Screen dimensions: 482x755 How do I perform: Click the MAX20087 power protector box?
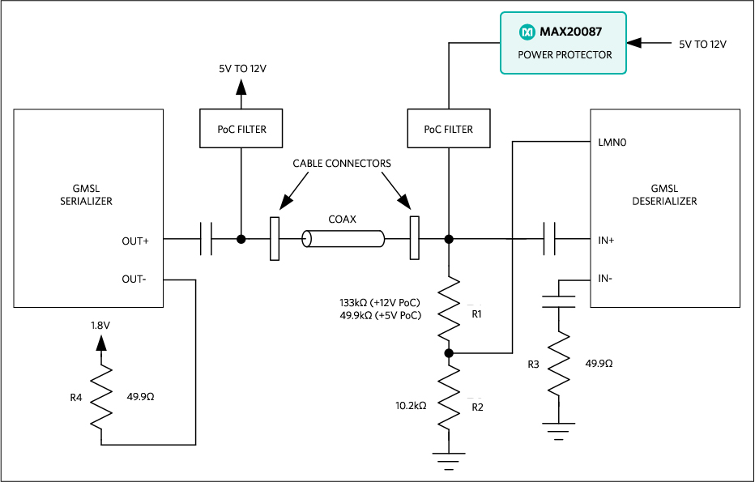563,43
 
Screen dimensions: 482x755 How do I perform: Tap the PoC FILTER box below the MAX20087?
448,129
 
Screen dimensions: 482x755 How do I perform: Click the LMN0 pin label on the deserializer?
610,143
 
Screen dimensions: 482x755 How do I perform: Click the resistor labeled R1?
448,309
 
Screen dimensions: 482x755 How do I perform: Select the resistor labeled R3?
558,365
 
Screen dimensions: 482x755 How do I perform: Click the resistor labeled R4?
101,397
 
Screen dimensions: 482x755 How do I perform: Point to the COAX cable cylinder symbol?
343,240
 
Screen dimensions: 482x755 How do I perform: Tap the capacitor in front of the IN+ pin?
548,240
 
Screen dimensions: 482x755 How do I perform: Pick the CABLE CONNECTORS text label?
342,164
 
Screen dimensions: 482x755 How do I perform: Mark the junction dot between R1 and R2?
448,353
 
